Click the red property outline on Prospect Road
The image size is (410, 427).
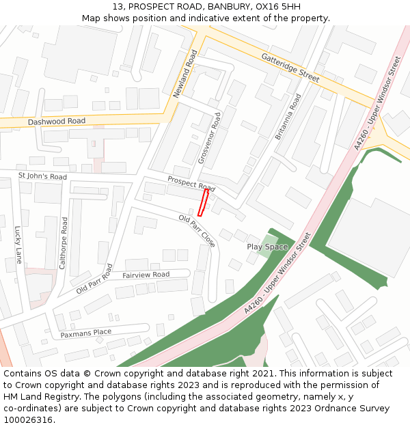[x=203, y=202]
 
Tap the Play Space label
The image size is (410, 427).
[x=267, y=247]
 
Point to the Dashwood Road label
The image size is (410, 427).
[x=57, y=122]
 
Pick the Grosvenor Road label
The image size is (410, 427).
[x=208, y=139]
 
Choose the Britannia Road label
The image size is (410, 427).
[x=288, y=117]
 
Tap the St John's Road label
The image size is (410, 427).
[x=42, y=177]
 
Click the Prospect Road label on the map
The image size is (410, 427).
[x=191, y=183]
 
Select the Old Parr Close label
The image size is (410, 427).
[x=197, y=231]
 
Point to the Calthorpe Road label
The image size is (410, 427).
[x=64, y=243]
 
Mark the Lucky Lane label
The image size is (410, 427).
[x=18, y=245]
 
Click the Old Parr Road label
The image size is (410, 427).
[x=95, y=279]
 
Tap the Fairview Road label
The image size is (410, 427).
[x=146, y=275]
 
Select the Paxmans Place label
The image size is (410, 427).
[x=85, y=333]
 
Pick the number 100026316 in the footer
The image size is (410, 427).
[x=27, y=419]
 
